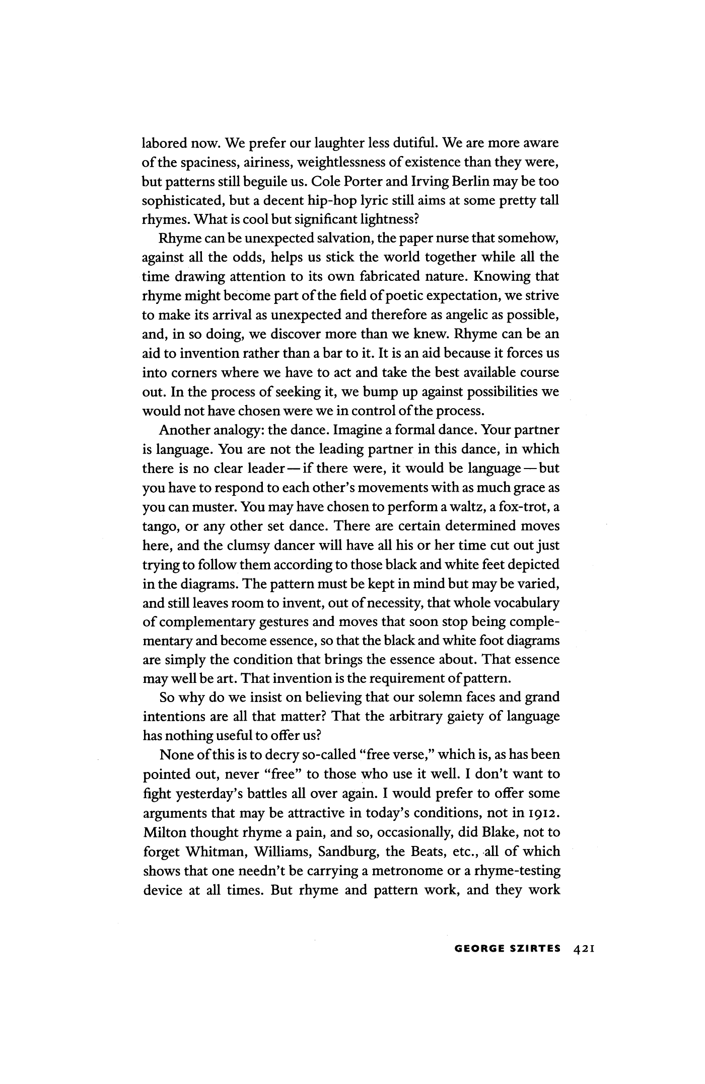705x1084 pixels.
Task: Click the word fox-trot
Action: click(527, 507)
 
